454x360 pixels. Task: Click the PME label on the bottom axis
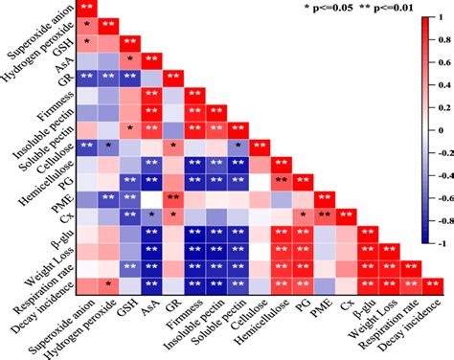(x=321, y=308)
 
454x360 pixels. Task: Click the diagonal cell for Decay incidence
(x=433, y=283)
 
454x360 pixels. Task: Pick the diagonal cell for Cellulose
(x=260, y=146)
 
